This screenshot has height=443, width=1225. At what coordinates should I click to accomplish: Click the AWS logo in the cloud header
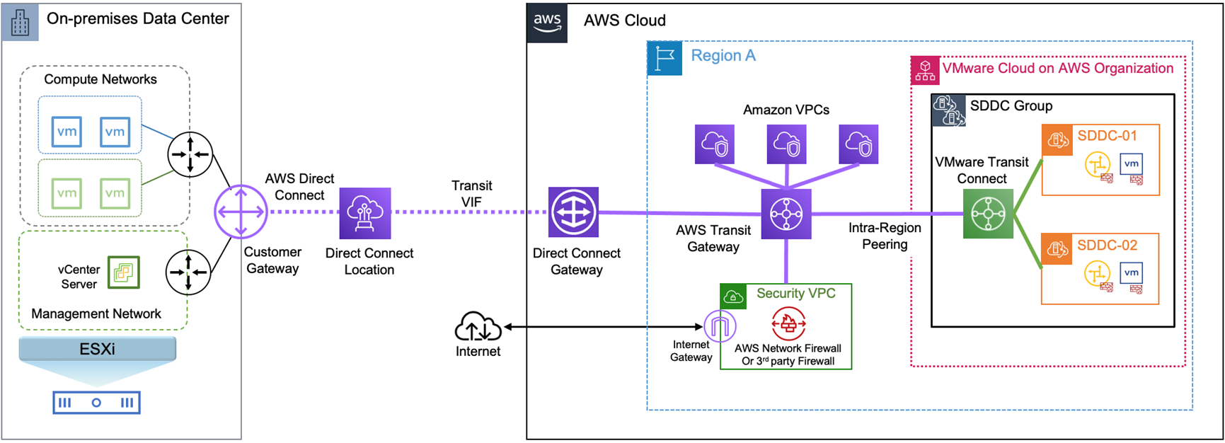coord(547,23)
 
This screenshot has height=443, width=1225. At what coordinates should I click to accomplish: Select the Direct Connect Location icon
coord(365,213)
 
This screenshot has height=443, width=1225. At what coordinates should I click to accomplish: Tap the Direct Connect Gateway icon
coord(573,212)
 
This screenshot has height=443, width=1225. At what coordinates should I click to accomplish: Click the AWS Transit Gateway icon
coord(786,214)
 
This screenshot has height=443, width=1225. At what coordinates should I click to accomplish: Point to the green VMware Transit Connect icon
coord(988,214)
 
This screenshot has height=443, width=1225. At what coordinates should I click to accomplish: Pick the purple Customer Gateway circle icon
coord(241,212)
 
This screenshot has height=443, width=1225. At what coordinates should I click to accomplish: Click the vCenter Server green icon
coord(124,272)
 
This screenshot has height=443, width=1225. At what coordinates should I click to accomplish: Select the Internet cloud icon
coord(478,327)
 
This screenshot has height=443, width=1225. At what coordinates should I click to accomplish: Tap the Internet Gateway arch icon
coord(720,326)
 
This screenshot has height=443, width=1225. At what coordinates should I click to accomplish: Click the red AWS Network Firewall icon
coord(788,324)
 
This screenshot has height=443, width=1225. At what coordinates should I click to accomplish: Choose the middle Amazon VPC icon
coord(786,144)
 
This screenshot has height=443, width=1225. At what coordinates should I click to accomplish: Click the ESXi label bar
coord(98,349)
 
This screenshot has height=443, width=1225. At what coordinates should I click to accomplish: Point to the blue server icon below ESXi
coord(97,403)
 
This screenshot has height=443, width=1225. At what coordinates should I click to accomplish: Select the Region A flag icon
coord(665,58)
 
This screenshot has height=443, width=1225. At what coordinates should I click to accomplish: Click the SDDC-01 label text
coord(1107,136)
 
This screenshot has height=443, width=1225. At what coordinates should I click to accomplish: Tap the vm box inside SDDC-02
coord(1131,273)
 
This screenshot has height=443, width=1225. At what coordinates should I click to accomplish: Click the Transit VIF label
coord(472,194)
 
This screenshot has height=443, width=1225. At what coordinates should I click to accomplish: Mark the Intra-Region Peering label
coord(885,236)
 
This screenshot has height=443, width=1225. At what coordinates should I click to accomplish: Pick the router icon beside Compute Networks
coord(190,154)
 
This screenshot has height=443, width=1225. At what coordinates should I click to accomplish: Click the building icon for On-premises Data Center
coord(21,22)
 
